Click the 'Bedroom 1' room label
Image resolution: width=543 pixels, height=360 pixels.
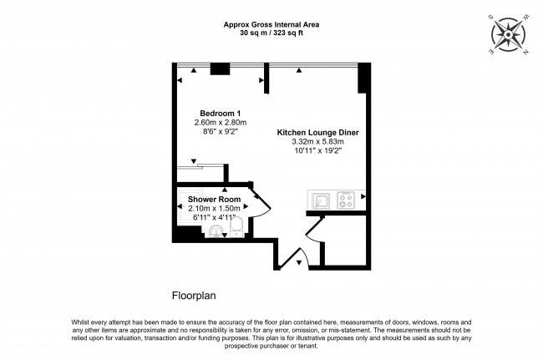[x=216, y=113]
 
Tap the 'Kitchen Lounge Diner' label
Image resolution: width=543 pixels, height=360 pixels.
[x=317, y=132]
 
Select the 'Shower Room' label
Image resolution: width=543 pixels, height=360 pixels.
[x=214, y=199]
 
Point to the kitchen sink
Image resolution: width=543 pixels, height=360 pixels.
[x=320, y=200]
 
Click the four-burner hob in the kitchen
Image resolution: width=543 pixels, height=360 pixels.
[x=346, y=200]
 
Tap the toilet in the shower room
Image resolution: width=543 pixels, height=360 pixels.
[x=235, y=227]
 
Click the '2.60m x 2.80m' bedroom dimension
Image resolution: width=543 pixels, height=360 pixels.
[x=216, y=122]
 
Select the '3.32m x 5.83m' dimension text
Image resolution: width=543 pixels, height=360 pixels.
[x=317, y=141]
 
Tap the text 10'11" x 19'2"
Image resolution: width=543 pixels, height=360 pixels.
[x=317, y=151]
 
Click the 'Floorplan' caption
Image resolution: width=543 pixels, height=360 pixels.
[x=195, y=295]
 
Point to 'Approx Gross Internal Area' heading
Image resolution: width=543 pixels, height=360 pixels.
[x=271, y=24]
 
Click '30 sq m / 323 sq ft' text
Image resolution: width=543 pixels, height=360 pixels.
[x=271, y=33]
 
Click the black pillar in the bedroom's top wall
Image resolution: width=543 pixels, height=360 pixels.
[x=220, y=69]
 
